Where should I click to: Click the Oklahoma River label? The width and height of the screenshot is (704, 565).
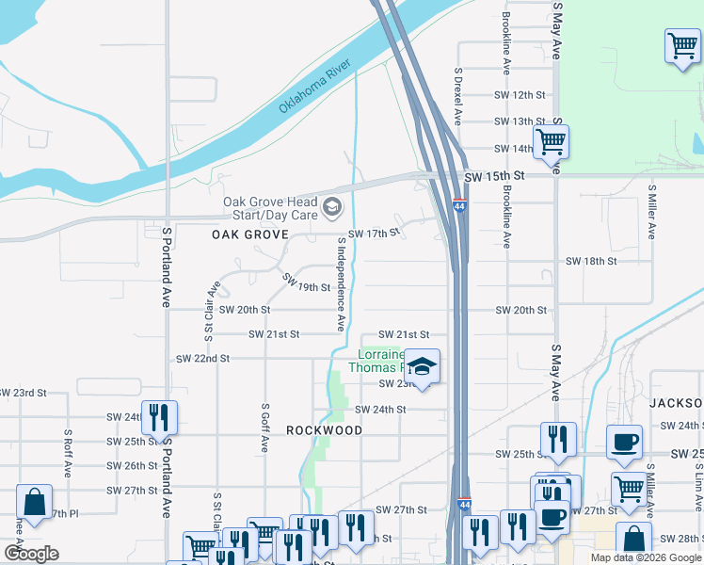(314, 87)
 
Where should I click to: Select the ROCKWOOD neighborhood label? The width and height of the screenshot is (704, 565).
(325, 430)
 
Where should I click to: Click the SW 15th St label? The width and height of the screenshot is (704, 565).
(493, 177)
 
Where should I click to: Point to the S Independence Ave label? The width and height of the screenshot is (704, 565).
(341, 283)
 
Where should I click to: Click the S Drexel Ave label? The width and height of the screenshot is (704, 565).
(458, 96)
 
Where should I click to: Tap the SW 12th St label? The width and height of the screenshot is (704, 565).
(520, 95)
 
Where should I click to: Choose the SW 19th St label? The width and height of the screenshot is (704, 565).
(306, 282)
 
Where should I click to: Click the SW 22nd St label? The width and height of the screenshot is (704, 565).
(202, 359)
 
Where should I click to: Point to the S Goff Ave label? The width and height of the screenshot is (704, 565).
(265, 428)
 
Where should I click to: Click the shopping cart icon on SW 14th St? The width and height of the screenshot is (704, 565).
(551, 142)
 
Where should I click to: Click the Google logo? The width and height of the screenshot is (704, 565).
(30, 554)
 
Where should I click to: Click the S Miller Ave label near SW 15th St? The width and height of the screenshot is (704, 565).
(651, 211)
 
